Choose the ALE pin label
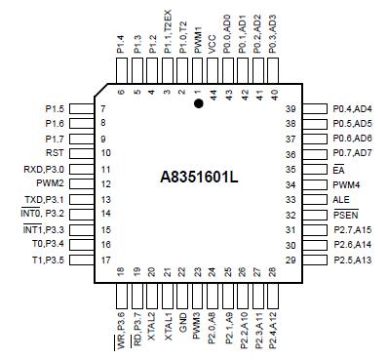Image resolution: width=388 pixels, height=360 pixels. coord(341,199)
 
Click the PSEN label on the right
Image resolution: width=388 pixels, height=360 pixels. coord(346,215)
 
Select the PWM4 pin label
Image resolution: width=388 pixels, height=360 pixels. coord(346,184)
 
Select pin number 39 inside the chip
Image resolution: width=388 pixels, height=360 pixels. coord(291,108)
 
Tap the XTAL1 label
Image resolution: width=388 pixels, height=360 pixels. coord(167,317)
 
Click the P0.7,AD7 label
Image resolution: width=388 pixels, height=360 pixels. coord(352,154)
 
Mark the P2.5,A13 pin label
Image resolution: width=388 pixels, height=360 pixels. coord(352,260)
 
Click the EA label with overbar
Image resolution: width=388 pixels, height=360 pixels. coord(338,169)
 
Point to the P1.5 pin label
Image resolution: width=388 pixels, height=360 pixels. coord(57,108)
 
